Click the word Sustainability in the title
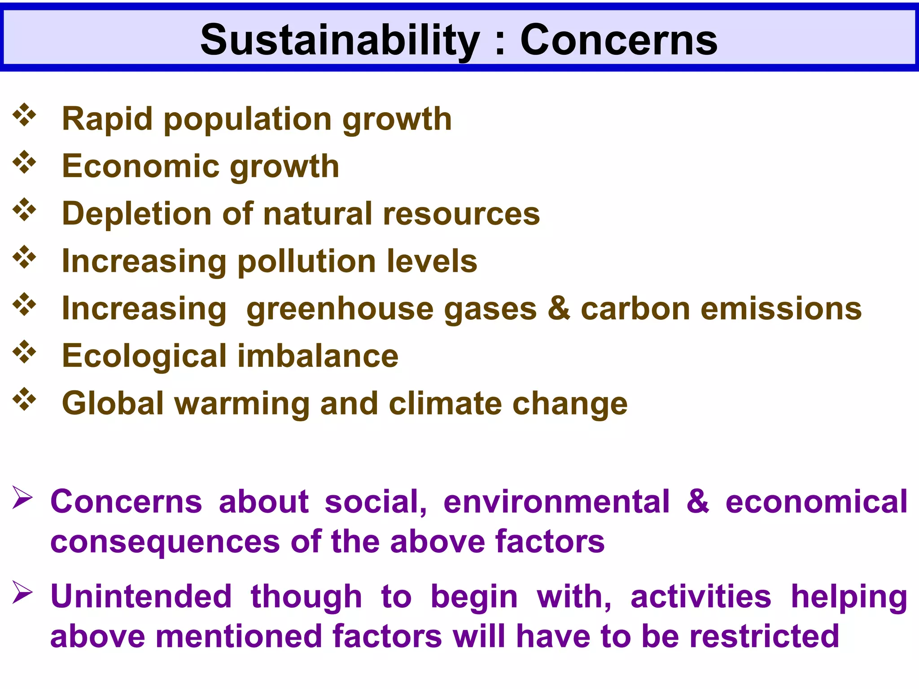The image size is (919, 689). click(340, 40)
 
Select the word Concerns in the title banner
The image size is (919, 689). click(619, 40)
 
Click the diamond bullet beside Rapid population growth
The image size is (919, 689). click(25, 115)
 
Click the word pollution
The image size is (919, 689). click(307, 262)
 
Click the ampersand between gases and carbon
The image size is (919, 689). click(559, 309)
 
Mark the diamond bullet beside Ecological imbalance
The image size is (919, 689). click(25, 352)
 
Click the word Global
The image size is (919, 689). click(113, 403)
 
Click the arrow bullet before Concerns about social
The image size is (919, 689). click(22, 497)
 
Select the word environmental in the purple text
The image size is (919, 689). click(556, 501)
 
